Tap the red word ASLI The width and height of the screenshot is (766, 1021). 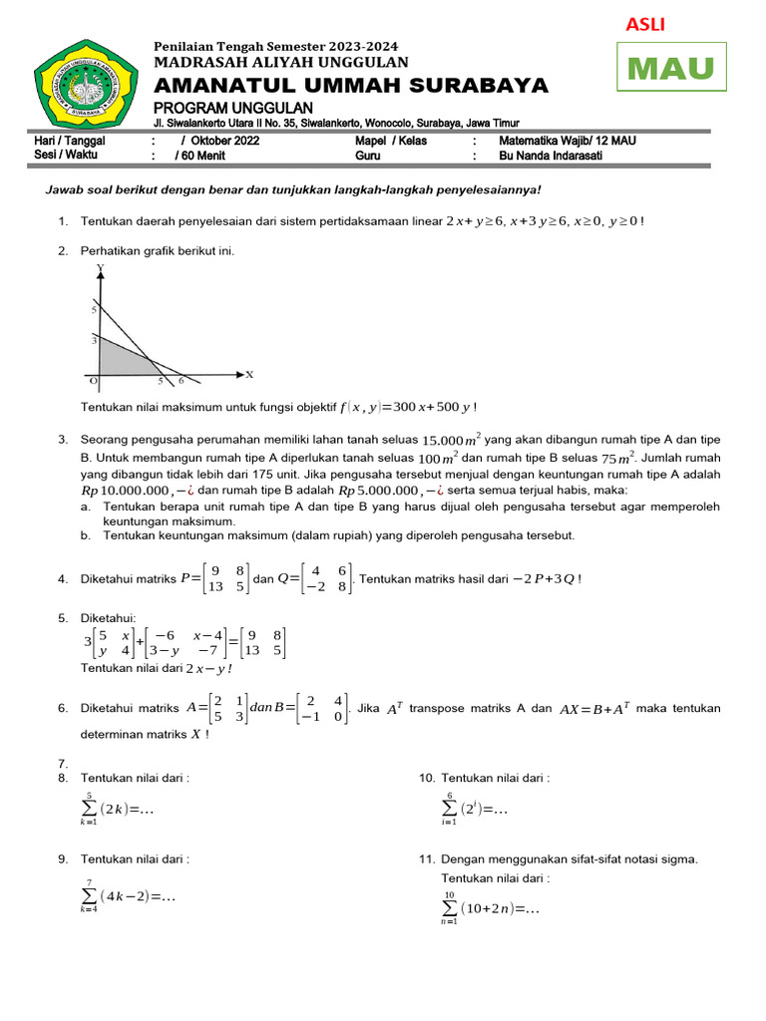[644, 24]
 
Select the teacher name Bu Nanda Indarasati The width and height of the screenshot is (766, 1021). [556, 156]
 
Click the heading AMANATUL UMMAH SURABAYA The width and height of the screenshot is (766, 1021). [351, 86]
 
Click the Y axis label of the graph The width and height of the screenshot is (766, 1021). [100, 269]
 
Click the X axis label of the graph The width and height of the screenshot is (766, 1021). [249, 375]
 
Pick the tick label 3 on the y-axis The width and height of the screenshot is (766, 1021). [93, 340]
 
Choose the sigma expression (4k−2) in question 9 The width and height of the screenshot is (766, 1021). [128, 896]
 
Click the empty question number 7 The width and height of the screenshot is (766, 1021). [63, 763]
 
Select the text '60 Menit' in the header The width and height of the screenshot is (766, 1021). [202, 156]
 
